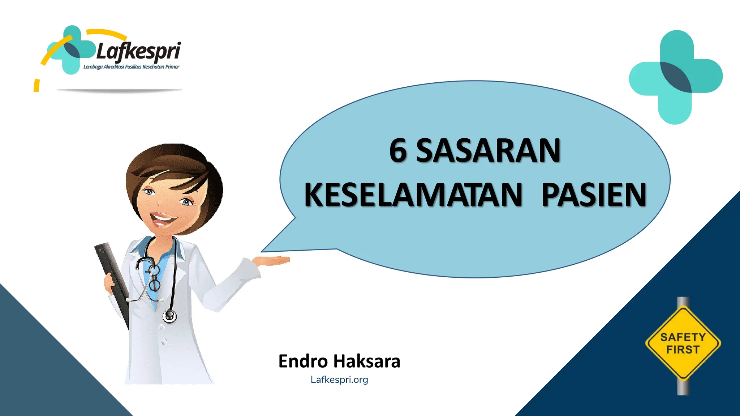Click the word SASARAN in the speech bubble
click(x=488, y=151)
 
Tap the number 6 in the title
click(x=398, y=151)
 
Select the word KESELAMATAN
click(x=413, y=195)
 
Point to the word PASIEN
click(x=594, y=195)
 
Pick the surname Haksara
click(x=367, y=361)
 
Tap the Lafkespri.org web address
click(x=339, y=380)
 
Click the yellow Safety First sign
click(x=683, y=343)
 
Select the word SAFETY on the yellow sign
click(x=683, y=337)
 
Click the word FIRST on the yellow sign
click(x=683, y=350)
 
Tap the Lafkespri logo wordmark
click(x=138, y=51)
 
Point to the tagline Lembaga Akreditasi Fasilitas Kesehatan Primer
click(x=131, y=67)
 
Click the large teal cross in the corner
click(x=676, y=77)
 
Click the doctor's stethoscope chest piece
click(x=169, y=316)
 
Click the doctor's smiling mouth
click(x=163, y=218)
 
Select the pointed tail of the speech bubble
click(x=275, y=246)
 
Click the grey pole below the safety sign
click(x=683, y=388)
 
